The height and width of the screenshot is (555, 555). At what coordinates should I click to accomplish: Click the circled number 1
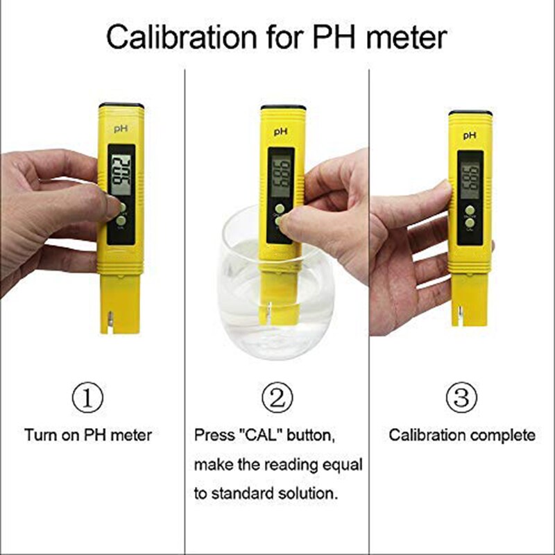click(x=88, y=398)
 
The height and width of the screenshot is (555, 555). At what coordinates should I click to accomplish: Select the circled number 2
click(x=277, y=398)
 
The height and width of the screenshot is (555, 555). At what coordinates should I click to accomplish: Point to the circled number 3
click(x=462, y=398)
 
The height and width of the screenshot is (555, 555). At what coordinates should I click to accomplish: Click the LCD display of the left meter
click(x=121, y=171)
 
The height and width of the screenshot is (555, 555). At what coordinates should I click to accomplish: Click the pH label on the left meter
click(x=121, y=128)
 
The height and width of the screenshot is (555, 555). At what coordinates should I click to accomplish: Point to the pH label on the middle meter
click(x=282, y=130)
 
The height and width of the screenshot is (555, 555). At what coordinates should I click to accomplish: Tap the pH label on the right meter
click(x=470, y=135)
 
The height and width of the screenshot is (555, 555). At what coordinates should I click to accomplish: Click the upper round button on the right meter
click(x=470, y=210)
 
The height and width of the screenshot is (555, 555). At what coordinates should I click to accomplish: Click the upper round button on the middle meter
click(x=279, y=208)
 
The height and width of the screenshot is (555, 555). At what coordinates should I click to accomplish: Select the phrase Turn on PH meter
click(x=88, y=436)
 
